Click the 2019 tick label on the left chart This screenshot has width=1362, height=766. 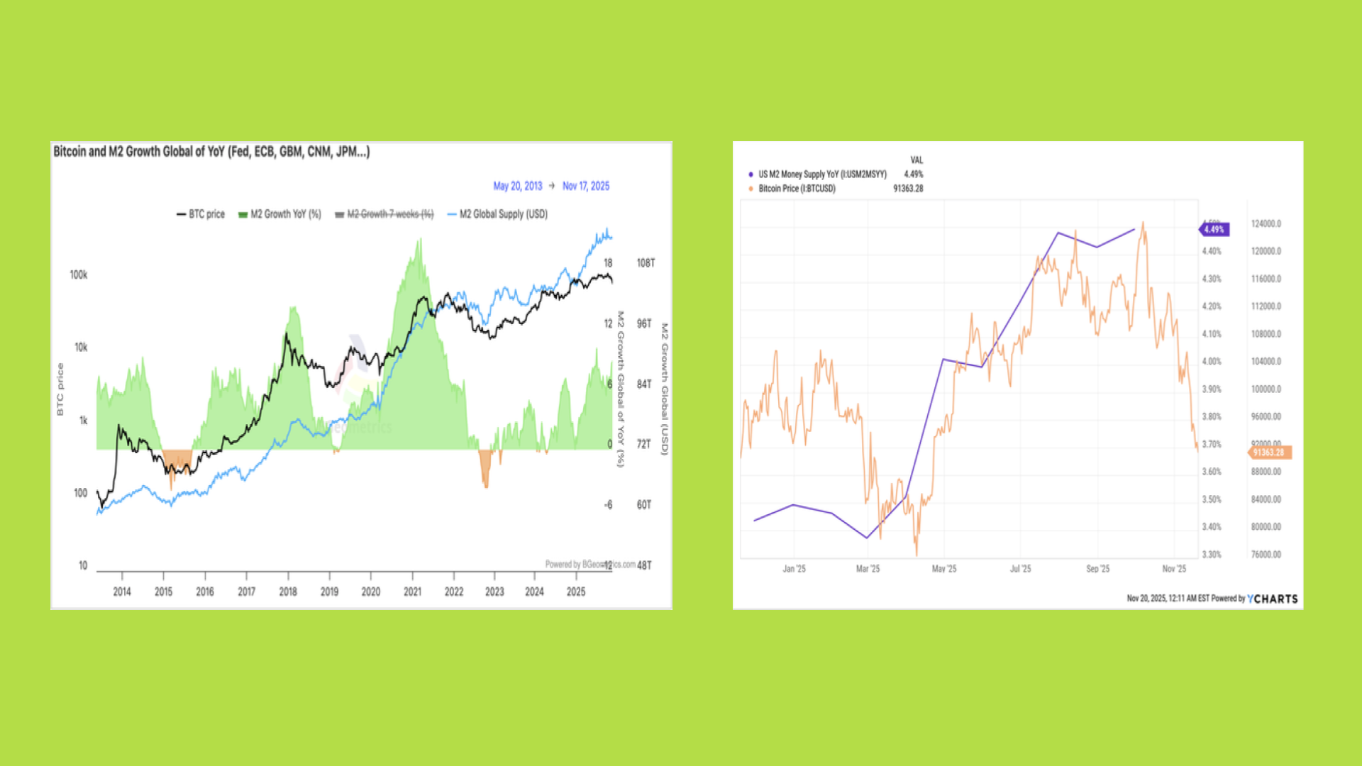coord(329,592)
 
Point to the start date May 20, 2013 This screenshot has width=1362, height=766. coord(517,186)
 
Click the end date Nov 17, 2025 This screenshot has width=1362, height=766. coord(586,186)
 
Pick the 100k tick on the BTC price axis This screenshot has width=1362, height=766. coord(79,275)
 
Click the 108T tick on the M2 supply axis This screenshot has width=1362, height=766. coord(646,263)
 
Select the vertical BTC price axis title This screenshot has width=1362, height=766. coord(60,389)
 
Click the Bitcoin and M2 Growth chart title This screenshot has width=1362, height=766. coord(211,152)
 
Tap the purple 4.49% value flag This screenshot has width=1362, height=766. coord(1214,230)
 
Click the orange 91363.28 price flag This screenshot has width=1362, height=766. coord(1269,453)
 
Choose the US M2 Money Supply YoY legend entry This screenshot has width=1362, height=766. coord(821,174)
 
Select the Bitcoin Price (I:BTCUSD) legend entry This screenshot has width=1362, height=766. coord(797,189)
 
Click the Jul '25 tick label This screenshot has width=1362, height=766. coord(1020,569)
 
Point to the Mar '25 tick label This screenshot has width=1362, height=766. coord(868,569)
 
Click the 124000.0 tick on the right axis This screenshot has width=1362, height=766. coord(1266,224)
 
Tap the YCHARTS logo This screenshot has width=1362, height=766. coord(1273,599)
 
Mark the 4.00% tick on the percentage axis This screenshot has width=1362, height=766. coord(1212,362)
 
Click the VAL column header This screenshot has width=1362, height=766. coord(917,160)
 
